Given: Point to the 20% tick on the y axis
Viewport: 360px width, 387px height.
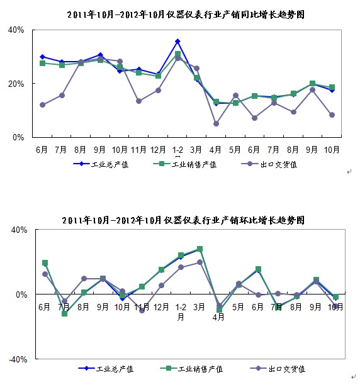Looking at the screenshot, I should coord(16,84).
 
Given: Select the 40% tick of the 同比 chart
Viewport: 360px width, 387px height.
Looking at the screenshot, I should coord(16,30).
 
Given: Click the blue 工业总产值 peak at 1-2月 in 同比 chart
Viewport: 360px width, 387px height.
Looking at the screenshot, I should coord(178,42).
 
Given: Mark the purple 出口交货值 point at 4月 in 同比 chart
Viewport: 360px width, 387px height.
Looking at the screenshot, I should coord(217,123).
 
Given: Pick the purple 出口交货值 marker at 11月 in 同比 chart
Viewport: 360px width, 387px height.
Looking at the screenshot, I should coord(139,101).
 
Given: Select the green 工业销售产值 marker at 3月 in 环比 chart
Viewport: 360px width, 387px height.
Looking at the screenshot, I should coord(200,249).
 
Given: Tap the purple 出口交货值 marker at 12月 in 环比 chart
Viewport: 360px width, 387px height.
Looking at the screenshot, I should coord(161,286).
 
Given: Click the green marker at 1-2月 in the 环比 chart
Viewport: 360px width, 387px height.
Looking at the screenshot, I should coord(181,255).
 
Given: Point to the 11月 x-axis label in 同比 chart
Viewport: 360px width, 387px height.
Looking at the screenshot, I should coord(139,149).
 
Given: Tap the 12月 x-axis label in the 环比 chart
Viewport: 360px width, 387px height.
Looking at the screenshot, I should coord(161,307).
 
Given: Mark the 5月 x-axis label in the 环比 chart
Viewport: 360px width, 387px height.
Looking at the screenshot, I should coord(239,307).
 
